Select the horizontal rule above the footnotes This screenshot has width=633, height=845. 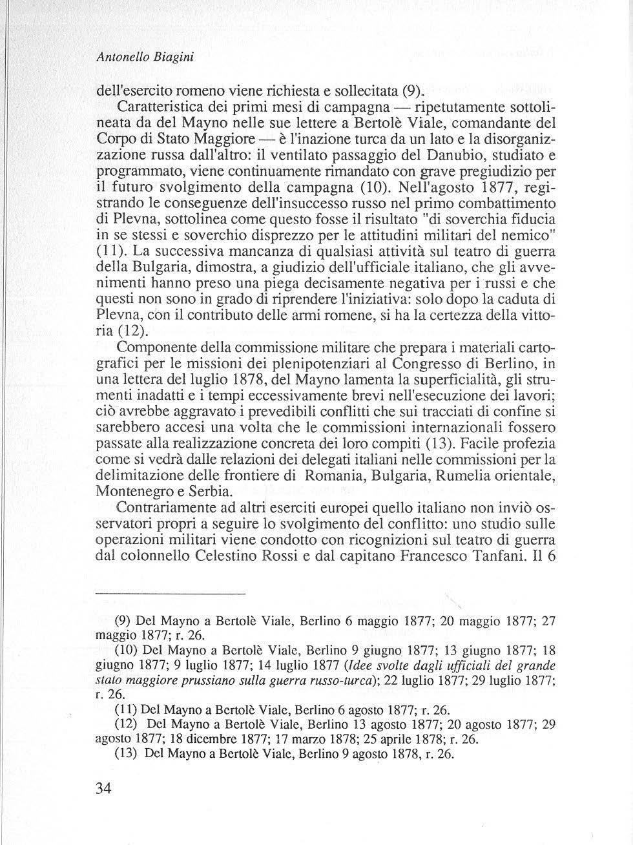pos(171,593)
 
